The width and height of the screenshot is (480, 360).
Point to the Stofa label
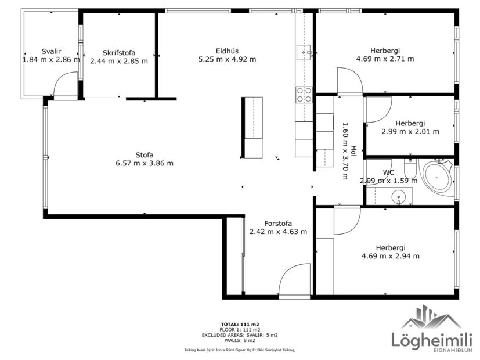coord(145,155)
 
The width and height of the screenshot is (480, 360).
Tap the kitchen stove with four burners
coord(304,94)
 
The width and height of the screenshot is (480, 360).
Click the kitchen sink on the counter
coord(304,53)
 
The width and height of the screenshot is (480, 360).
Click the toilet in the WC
coord(410,168)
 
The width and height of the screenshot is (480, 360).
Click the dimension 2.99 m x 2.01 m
coord(410,131)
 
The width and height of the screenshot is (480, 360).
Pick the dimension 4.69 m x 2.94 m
coord(390,255)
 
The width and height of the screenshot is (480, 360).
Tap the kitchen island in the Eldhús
coord(252,127)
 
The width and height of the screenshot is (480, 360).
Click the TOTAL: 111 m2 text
coord(240,323)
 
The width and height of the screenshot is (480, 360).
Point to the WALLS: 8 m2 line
coord(240,341)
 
